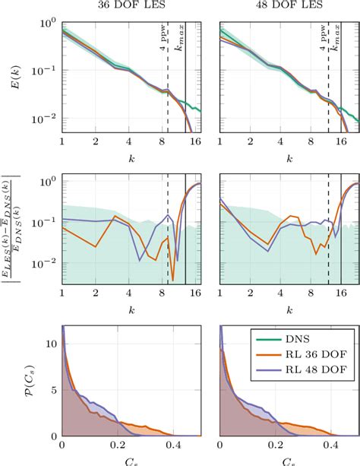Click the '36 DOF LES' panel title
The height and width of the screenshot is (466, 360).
click(x=130, y=6)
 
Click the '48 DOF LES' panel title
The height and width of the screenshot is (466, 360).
click(x=287, y=6)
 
